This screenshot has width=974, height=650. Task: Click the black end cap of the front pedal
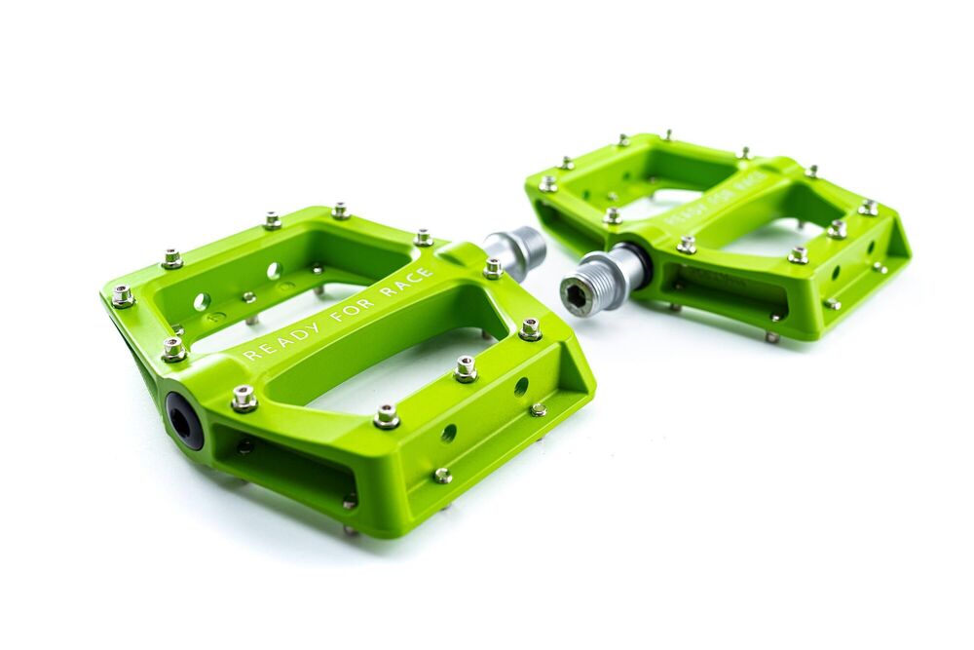click(184, 421)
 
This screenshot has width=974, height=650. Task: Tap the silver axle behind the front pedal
click(516, 250)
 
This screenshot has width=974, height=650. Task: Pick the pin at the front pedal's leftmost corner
click(123, 296)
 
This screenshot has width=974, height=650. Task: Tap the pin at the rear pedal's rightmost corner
click(868, 208)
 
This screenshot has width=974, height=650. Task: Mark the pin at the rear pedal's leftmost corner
click(548, 183)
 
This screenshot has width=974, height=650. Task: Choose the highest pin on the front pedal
click(340, 210)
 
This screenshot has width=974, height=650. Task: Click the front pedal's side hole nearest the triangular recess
click(521, 387)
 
